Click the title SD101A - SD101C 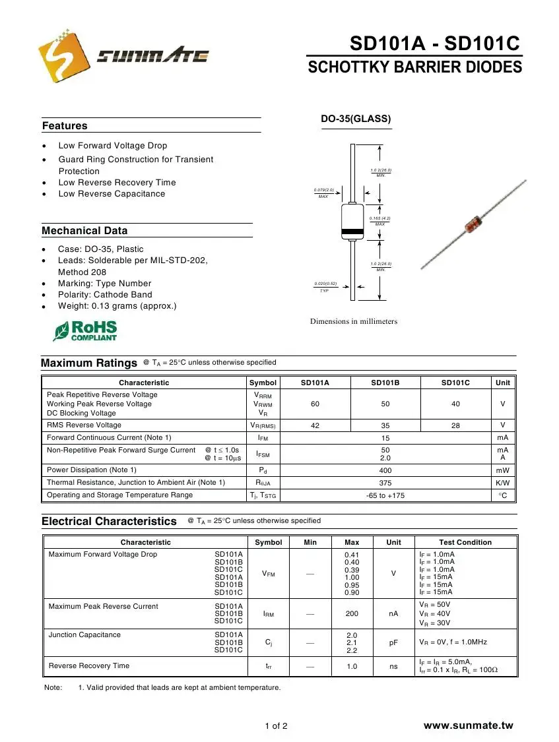435,44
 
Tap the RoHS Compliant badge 86,330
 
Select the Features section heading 65,126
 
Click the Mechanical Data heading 84,231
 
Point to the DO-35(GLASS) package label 356,119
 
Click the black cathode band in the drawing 352,232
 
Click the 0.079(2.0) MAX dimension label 323,193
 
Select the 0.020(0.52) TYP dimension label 325,286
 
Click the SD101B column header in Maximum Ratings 385,383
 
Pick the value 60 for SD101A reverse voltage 315,404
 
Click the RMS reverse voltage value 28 455,425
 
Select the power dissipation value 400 385,470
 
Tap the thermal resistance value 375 385,483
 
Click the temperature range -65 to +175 385,495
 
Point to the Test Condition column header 465,542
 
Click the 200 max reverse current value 352,613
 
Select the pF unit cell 393,640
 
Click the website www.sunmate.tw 468,726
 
